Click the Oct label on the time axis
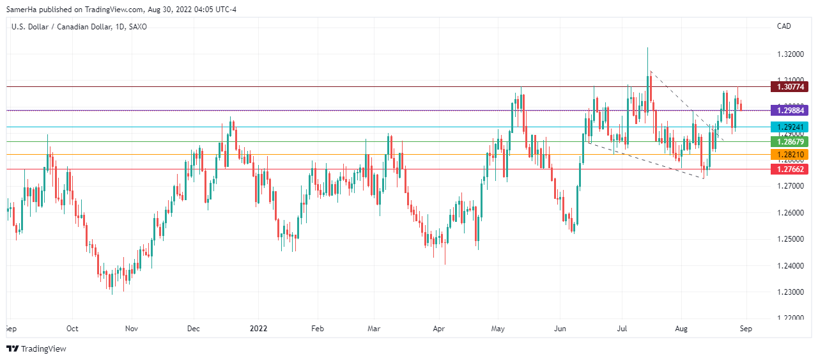(72, 329)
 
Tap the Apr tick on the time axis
(438, 329)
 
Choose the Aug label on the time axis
(681, 329)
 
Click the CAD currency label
(784, 26)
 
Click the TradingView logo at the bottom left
(36, 348)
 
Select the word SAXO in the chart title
(137, 26)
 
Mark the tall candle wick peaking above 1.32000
(648, 51)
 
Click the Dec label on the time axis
(194, 329)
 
